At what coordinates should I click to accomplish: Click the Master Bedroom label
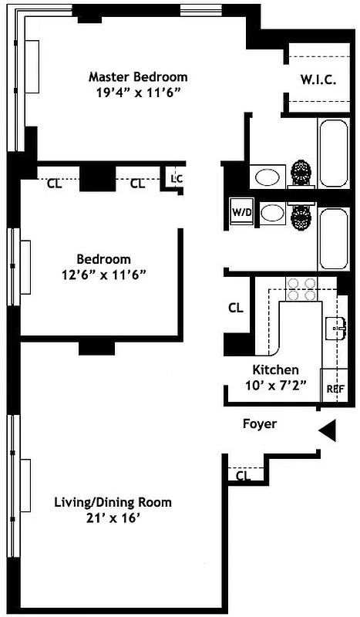pos(138,77)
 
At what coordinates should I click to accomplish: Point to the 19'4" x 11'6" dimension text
pos(138,91)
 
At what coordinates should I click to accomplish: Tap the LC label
pos(177,179)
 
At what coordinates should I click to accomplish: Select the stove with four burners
pos(301,289)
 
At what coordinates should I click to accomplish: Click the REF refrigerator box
pos(335,389)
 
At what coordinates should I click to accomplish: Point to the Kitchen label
pos(276,370)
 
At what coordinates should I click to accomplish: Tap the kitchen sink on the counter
pos(336,328)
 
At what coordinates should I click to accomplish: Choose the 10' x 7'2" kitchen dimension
pos(276,384)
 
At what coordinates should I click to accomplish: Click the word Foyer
pos(259,423)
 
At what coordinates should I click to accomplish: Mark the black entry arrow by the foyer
pos(328,430)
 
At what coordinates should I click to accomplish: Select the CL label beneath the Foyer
pos(244,476)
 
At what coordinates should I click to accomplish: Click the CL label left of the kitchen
pos(236,307)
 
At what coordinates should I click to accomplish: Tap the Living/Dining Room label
pos(113,502)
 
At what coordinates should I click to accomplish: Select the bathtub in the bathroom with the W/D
pos(334,238)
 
